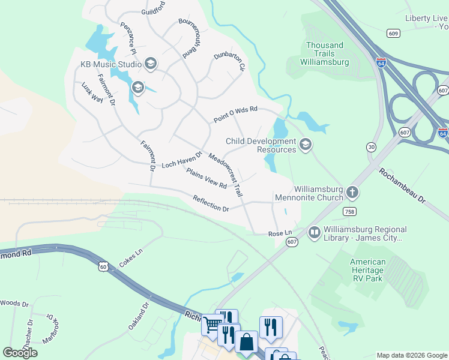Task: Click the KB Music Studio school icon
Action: pos(150,64)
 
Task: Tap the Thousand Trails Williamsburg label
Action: pos(325,53)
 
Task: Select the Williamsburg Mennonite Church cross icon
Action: pos(352,193)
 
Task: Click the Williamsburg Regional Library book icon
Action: pos(314,232)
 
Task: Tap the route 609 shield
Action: pos(394,33)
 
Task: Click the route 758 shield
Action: pos(349,212)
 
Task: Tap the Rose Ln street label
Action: pos(280,233)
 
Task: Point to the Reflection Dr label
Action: pos(211,203)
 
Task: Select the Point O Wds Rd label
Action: pos(235,115)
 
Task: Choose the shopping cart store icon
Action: pos(212,325)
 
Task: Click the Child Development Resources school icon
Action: pos(306,144)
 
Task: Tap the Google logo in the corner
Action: pos(20,352)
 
